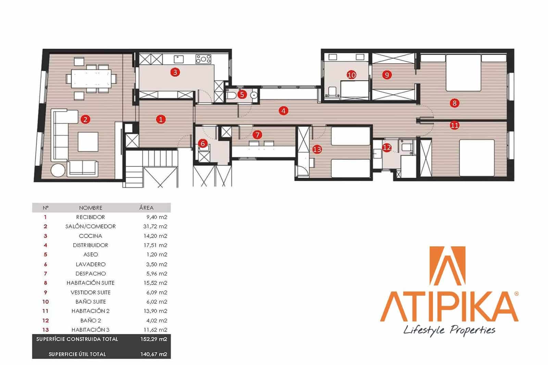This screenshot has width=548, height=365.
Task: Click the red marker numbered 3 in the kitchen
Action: (x=175, y=72)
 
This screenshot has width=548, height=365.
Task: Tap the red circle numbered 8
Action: (x=454, y=103)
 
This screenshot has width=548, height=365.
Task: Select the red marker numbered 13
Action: (x=317, y=149)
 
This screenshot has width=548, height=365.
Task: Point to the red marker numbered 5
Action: (x=242, y=95)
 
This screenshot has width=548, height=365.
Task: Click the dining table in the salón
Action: (x=91, y=79)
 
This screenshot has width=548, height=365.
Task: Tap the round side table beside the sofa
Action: (x=58, y=170)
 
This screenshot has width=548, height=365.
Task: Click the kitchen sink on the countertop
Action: (x=178, y=59)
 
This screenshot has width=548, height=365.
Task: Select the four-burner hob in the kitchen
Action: (x=203, y=59)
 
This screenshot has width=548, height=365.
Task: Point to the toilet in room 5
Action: (x=231, y=95)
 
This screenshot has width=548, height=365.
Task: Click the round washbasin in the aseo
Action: (x=254, y=95)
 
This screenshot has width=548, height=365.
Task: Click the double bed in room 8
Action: (x=463, y=73)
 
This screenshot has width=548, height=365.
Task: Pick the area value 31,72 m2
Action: (x=155, y=227)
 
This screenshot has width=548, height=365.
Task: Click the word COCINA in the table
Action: (x=90, y=236)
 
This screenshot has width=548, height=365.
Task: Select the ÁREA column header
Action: (x=146, y=208)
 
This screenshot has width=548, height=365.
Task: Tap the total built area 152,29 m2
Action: (x=154, y=339)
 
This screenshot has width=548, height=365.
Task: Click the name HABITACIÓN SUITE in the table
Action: (x=90, y=283)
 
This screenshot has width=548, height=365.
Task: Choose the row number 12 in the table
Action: (x=46, y=320)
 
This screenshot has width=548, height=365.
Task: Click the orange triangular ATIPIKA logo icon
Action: (x=447, y=266)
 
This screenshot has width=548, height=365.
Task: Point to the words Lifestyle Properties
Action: (x=449, y=330)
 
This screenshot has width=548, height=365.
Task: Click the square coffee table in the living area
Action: (x=88, y=142)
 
